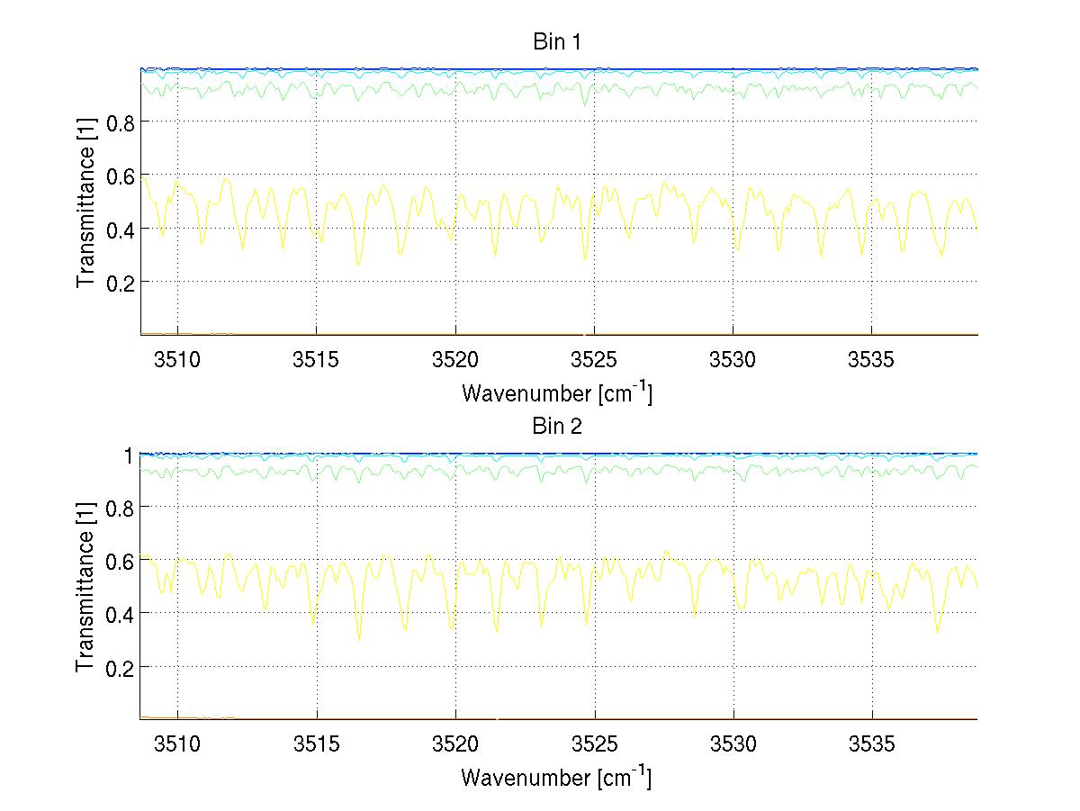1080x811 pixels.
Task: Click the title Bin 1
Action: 558,41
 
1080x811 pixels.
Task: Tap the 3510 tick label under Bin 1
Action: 177,358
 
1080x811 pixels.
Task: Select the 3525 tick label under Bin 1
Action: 594,358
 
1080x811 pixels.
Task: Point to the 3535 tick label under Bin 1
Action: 871,358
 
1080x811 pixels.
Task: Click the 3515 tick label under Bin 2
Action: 317,743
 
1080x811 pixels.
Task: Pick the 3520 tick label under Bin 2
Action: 455,743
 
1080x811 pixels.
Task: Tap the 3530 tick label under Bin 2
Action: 733,743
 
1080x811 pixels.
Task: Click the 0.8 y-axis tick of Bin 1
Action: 120,122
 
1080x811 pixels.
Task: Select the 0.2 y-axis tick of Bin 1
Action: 120,282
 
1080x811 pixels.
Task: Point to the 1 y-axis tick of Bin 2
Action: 128,455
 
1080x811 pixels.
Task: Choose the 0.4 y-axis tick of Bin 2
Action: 120,614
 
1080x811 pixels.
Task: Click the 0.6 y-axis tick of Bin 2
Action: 120,561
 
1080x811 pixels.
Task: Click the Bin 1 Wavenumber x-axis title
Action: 556,392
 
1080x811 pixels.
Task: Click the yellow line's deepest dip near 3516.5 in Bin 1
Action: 358,265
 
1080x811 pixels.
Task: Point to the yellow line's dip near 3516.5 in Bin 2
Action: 359,639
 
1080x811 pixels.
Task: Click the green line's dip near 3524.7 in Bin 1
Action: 585,105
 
